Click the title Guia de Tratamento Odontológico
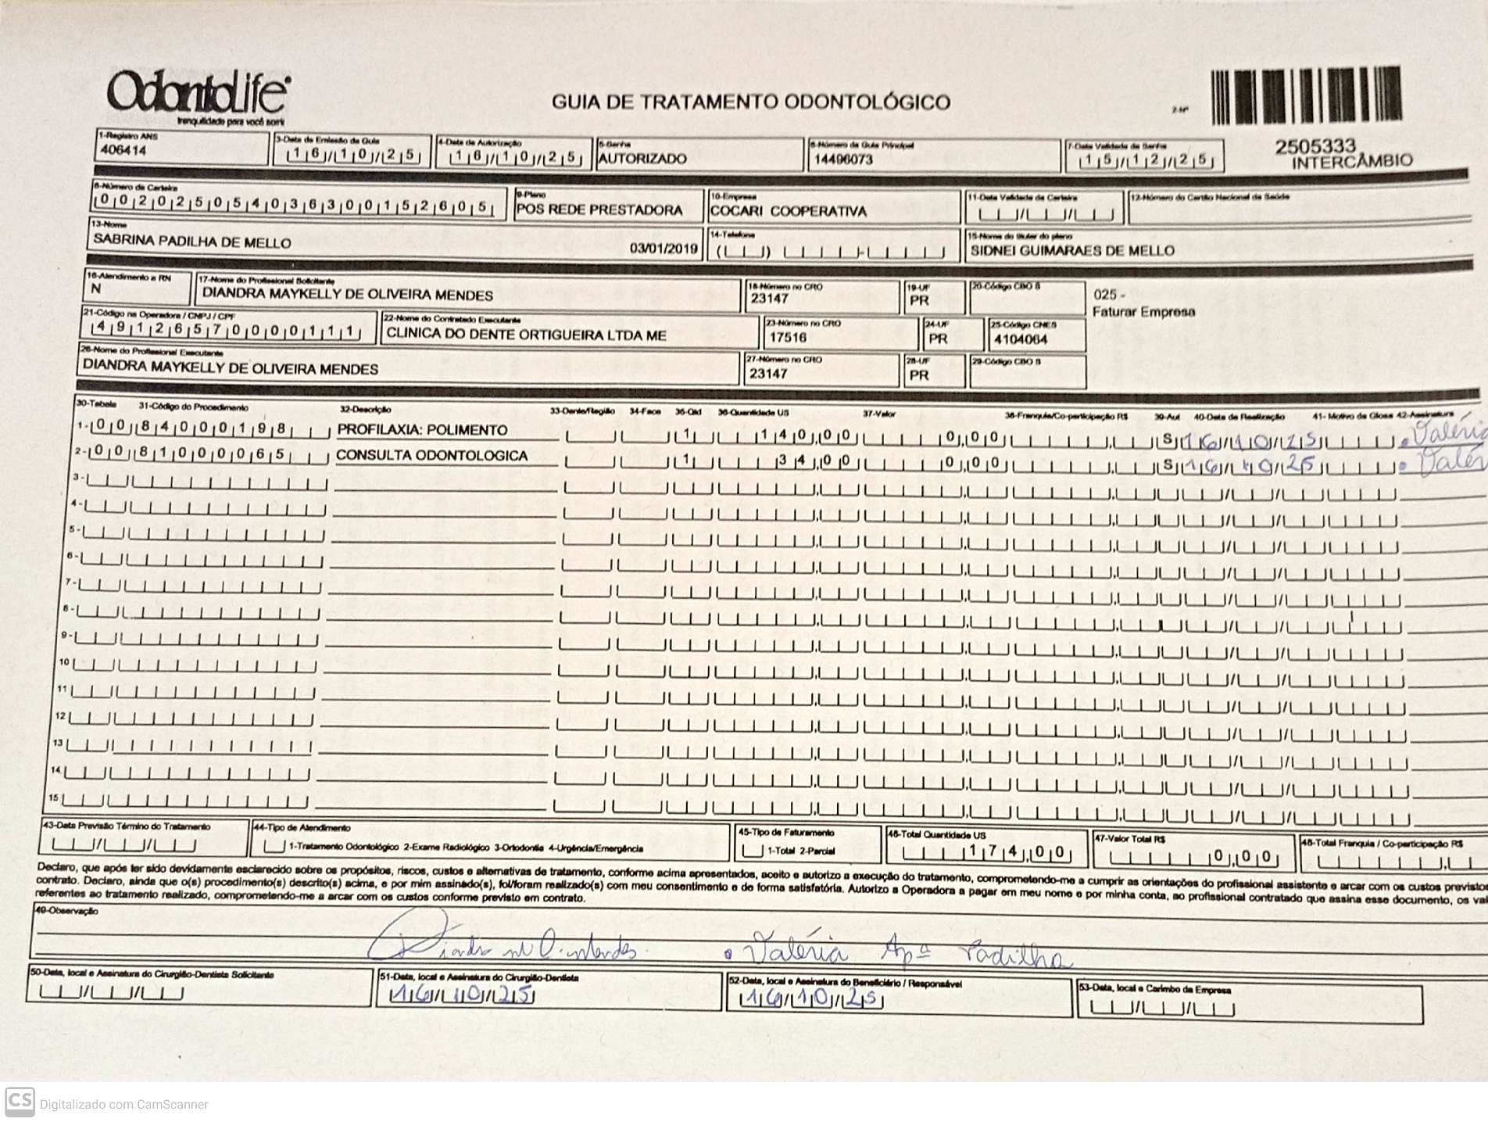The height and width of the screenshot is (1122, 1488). [x=750, y=102]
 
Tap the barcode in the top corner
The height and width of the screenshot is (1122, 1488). [x=1306, y=96]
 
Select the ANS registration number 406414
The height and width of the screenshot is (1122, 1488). [x=123, y=150]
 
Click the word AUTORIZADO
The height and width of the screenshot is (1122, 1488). [x=642, y=159]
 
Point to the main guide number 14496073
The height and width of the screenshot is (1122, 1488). [x=843, y=160]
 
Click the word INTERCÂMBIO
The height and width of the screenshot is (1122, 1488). [x=1352, y=162]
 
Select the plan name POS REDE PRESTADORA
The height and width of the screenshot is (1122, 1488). [x=599, y=210]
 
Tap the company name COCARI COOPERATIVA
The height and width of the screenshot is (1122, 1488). [x=788, y=211]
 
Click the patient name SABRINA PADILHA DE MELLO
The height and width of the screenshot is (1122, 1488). [x=192, y=242]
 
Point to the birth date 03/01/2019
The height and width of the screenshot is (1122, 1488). [x=664, y=249]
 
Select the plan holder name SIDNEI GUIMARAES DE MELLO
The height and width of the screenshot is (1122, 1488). [x=1072, y=251]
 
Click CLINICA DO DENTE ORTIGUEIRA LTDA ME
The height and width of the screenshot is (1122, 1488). [x=526, y=335]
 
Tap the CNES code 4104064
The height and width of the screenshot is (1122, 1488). [x=1021, y=339]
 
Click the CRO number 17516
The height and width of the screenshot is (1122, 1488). [x=788, y=338]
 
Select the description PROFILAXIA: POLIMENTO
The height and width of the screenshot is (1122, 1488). [x=422, y=430]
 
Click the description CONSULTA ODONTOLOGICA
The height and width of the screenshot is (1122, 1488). [x=431, y=455]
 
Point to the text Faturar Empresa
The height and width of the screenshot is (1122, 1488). [x=1143, y=312]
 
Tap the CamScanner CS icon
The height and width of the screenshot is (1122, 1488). [x=20, y=1102]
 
